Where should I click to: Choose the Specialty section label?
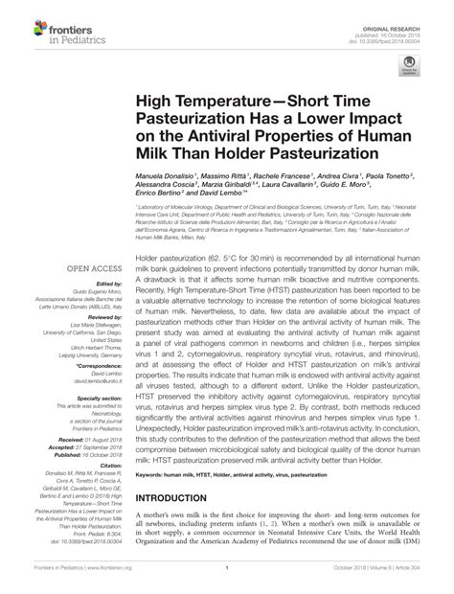(94, 397)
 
